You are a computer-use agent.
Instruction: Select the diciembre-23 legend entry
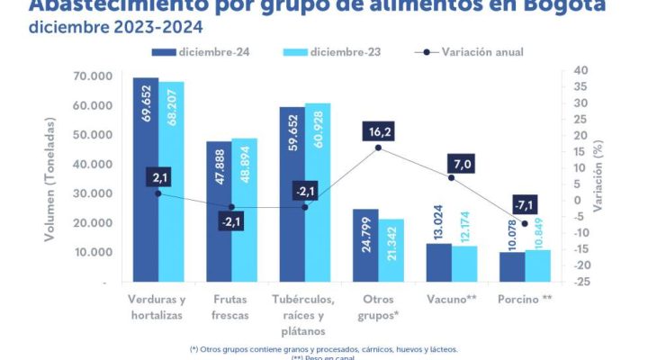[x=332, y=52]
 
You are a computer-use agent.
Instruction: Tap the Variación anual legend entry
[x=468, y=52]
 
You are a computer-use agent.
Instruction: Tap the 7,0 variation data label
[x=463, y=163]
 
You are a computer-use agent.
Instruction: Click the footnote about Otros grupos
[x=323, y=348]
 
